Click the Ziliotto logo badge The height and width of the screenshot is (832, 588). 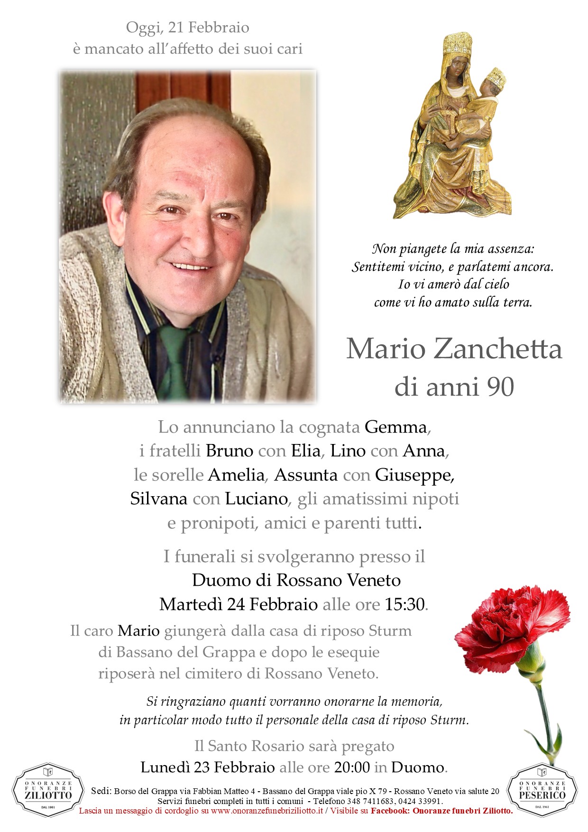(x=42, y=791)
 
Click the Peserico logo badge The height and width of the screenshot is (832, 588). (x=542, y=791)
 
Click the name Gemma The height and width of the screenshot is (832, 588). (x=396, y=427)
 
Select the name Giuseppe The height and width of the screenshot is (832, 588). (x=413, y=475)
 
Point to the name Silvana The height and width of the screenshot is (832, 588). (x=159, y=499)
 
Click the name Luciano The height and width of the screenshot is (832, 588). (x=256, y=499)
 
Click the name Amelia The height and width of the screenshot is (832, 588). (x=236, y=475)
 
